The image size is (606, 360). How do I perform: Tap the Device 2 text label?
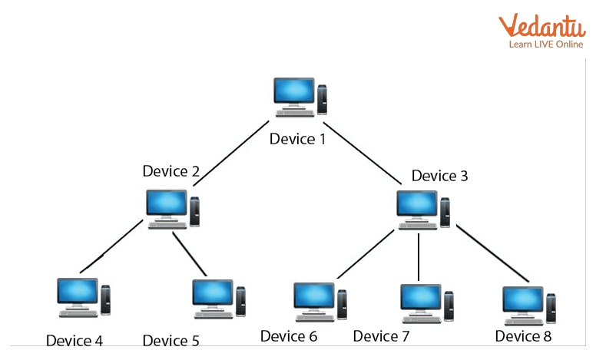click(x=171, y=170)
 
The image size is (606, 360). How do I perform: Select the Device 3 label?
click(x=439, y=176)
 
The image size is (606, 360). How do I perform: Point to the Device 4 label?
click(x=75, y=340)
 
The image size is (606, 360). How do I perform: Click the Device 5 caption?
click(x=171, y=340)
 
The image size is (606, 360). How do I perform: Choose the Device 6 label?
click(x=288, y=335)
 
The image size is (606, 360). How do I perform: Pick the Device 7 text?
click(x=381, y=335)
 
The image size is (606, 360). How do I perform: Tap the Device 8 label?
click(x=523, y=335)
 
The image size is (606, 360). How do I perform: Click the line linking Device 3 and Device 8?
click(x=492, y=253)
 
